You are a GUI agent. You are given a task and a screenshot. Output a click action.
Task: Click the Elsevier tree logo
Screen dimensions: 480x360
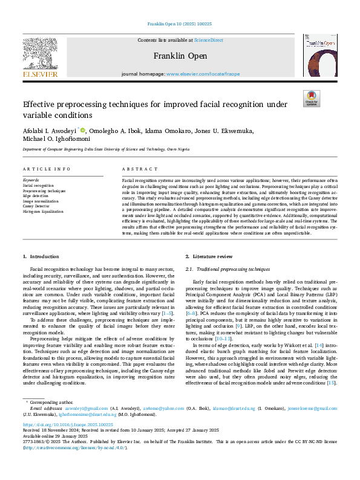41,53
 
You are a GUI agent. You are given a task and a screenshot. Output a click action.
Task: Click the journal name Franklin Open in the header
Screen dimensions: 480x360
179,56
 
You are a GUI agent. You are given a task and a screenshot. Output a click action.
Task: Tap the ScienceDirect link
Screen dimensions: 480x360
207,39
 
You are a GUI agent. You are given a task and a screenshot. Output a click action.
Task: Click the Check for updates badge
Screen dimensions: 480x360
312,98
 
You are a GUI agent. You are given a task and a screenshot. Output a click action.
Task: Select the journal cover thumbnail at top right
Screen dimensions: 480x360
319,55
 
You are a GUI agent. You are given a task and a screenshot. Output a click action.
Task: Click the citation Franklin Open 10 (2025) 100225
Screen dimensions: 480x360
180,24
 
